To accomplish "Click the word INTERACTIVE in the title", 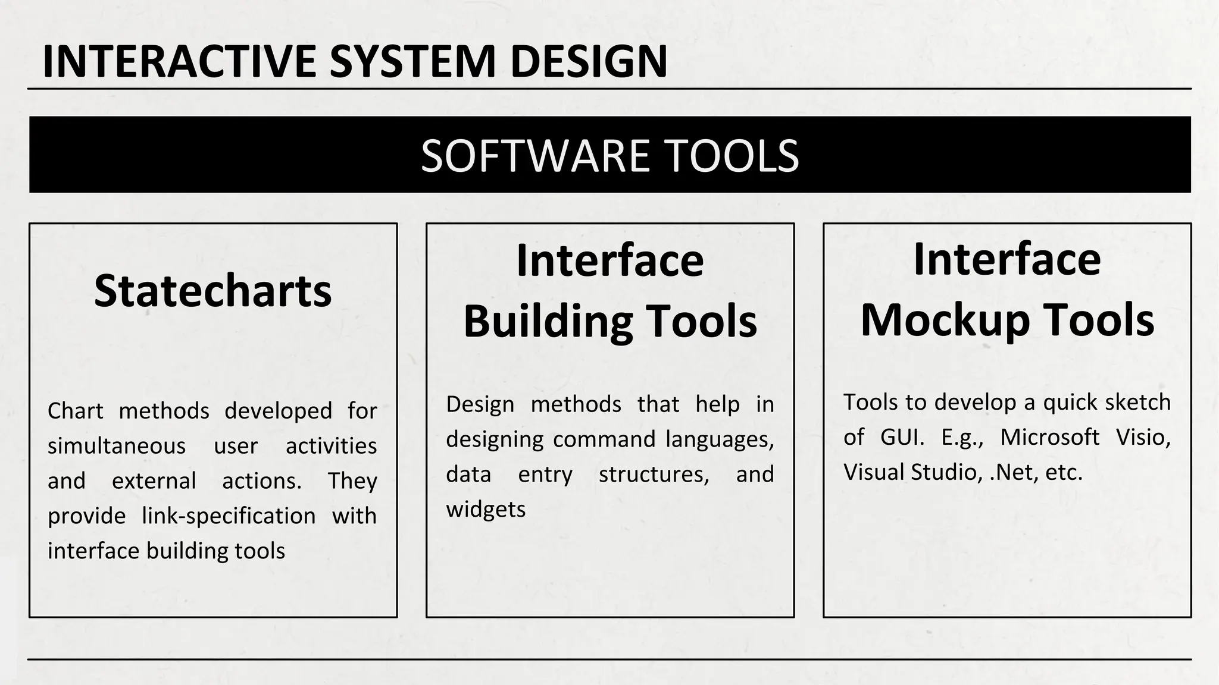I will pos(179,61).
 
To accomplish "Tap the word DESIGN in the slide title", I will pos(589,61).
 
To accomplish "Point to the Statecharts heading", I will pos(212,291).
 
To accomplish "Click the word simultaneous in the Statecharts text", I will pos(117,446).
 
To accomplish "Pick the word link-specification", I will pos(229,516).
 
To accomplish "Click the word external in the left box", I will pos(154,481).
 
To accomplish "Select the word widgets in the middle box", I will pos(486,510).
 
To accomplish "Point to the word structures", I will pos(654,475).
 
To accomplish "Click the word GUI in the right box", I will pos(901,438).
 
